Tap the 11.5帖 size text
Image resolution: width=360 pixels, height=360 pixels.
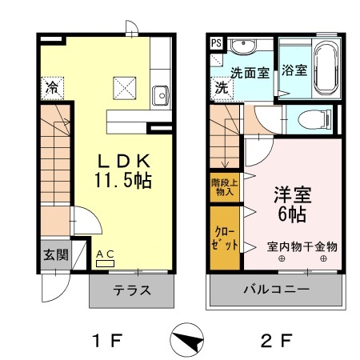click(x=124, y=182)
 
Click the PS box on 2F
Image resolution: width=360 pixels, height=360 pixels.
click(x=217, y=43)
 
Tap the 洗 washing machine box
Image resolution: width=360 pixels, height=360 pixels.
click(x=220, y=87)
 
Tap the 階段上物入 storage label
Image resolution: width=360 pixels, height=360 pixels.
click(x=224, y=187)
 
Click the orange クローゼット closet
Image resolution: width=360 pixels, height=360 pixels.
click(x=224, y=238)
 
